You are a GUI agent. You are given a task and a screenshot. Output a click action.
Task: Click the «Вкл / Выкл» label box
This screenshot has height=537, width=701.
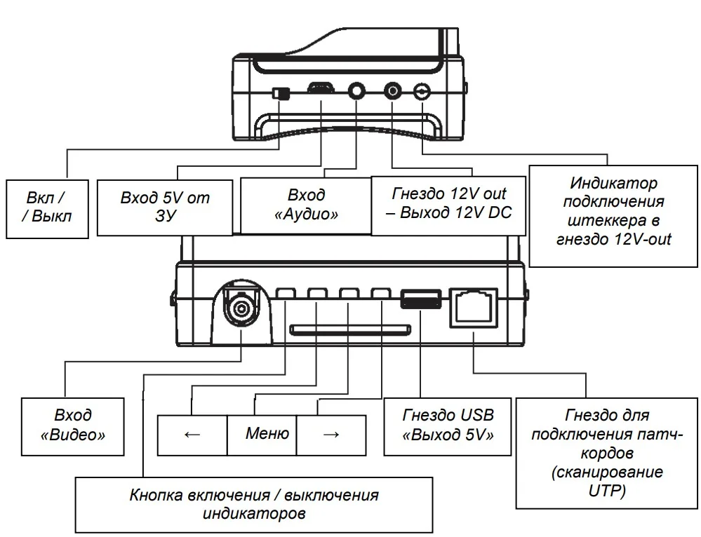(x=47, y=207)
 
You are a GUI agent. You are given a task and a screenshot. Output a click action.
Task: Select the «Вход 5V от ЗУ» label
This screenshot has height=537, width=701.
(x=164, y=207)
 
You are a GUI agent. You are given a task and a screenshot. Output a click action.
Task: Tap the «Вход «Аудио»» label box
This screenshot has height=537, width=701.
(x=306, y=204)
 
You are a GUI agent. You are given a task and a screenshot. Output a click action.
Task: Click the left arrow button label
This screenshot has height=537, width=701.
(x=192, y=434)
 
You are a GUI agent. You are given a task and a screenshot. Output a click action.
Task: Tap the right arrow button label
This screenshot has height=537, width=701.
(x=331, y=434)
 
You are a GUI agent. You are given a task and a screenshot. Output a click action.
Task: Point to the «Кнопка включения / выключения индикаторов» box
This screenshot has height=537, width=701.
(x=254, y=503)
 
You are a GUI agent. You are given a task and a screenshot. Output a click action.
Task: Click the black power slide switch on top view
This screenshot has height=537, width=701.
(x=281, y=93)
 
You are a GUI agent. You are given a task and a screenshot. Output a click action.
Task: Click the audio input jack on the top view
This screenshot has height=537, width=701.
(x=358, y=90)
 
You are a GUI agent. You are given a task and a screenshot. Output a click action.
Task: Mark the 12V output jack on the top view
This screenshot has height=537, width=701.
(x=392, y=90)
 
